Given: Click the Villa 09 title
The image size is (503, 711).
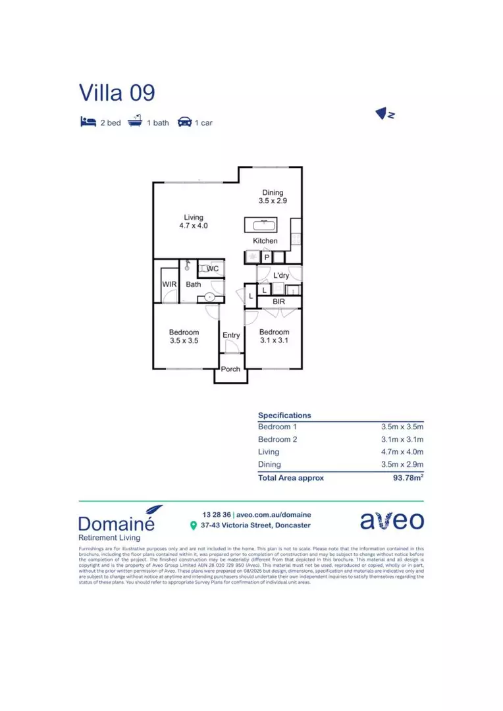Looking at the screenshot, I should [117, 93].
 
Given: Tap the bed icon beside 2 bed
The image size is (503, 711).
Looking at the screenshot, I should [88, 122].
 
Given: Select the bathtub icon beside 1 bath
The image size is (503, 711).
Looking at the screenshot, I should [135, 122].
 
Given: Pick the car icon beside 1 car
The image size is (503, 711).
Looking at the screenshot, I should [184, 122].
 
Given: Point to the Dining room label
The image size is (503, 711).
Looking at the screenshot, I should [273, 193].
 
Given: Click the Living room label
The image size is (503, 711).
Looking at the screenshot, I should [194, 217].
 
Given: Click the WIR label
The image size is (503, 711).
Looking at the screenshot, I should [169, 284].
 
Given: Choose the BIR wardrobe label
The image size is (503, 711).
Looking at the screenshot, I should [279, 302].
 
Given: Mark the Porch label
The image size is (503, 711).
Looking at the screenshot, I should [230, 369].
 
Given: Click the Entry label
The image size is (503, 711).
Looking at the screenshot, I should [231, 336].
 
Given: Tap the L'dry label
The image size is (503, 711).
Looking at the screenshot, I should [281, 276].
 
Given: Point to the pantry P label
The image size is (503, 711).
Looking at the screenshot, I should [267, 257].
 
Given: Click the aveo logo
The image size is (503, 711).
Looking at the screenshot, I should [392, 520].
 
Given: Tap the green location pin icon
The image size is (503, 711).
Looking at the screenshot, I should [193, 525].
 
